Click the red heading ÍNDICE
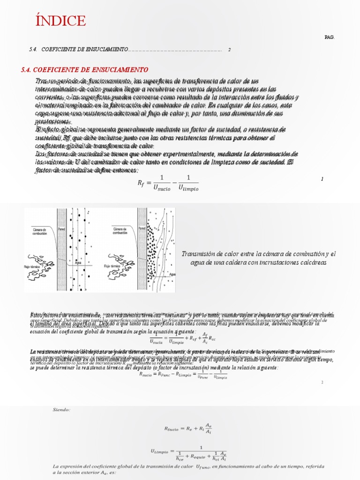tap(60, 21)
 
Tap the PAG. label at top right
tap(330, 37)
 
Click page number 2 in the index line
tap(229, 49)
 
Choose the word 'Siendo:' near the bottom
tap(61, 409)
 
